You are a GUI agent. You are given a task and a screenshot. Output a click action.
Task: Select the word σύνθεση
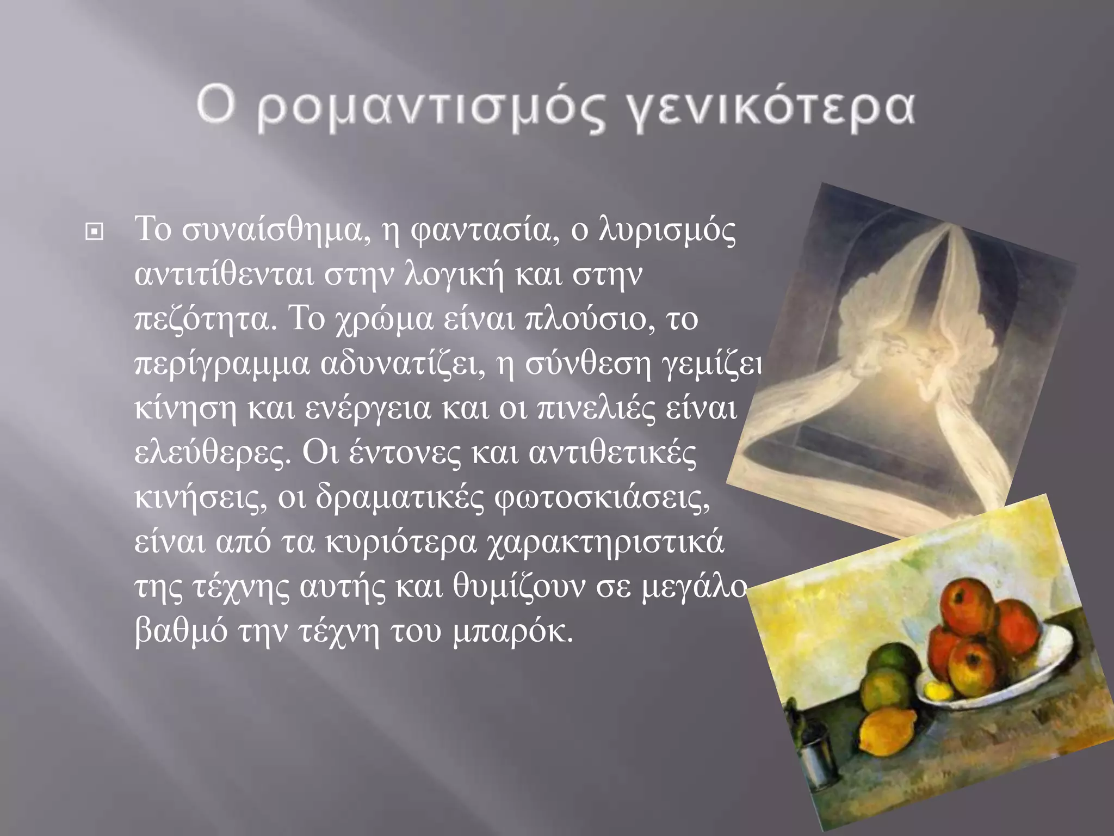tap(587, 364)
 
